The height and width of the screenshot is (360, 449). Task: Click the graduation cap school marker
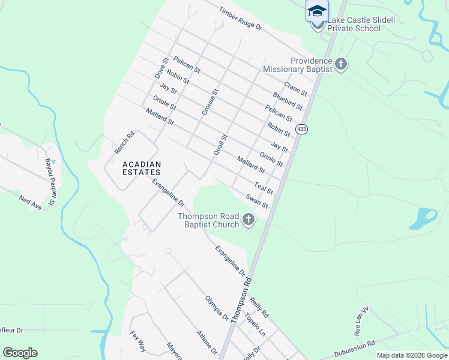(317, 11)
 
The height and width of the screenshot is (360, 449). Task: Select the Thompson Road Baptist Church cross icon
(249, 221)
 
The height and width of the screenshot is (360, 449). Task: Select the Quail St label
(221, 146)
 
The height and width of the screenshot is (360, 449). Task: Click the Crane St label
(295, 89)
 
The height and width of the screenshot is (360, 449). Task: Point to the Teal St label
(264, 188)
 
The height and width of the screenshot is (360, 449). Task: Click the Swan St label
(257, 201)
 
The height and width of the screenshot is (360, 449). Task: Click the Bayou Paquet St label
(50, 173)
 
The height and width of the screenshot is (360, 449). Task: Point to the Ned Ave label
(31, 202)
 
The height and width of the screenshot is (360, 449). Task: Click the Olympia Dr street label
(217, 307)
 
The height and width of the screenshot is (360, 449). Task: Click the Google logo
(20, 353)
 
